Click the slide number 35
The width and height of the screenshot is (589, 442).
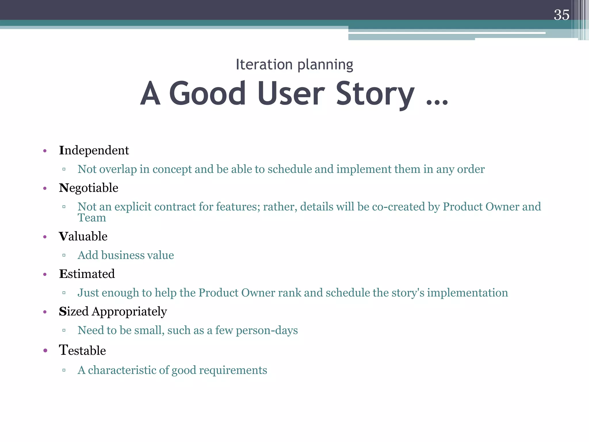(x=561, y=15)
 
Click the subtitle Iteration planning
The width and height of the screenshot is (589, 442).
(x=294, y=64)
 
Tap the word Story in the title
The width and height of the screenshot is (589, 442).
(x=375, y=94)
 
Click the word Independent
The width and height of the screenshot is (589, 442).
(x=94, y=150)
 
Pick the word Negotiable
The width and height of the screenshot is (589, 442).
(x=88, y=188)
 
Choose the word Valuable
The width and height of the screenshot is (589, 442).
(x=83, y=237)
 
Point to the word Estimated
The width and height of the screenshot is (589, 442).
(x=87, y=274)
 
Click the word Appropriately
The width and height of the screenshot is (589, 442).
(x=129, y=312)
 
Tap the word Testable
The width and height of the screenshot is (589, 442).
(x=82, y=350)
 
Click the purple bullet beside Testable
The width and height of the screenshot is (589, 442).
(x=45, y=351)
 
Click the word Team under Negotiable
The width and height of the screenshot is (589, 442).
(x=92, y=218)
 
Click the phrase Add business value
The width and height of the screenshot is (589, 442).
(x=126, y=255)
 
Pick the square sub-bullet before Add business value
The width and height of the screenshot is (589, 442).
(x=64, y=255)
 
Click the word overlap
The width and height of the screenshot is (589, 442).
(x=118, y=169)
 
